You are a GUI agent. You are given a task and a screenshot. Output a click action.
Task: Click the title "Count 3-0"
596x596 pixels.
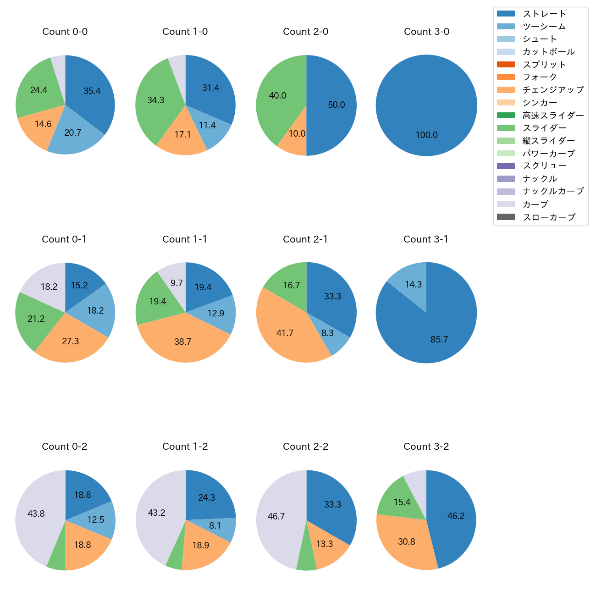coord(426,32)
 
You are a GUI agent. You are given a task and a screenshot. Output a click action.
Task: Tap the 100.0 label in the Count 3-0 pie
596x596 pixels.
coord(426,135)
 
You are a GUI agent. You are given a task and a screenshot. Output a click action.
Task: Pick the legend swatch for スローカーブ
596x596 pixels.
coord(506,217)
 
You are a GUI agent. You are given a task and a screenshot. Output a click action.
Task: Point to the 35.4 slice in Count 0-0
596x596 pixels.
coord(92,91)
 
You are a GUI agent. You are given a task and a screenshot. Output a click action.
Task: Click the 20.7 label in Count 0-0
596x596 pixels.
coord(72,133)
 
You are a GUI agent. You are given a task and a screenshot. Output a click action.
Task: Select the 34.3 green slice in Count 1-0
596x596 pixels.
coord(156,100)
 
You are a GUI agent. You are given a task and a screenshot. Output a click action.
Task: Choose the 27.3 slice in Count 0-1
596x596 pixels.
coord(71,342)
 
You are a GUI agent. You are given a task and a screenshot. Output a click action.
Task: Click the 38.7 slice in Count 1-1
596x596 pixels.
coord(182,342)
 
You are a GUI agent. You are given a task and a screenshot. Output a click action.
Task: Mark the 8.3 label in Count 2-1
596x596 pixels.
coord(327,333)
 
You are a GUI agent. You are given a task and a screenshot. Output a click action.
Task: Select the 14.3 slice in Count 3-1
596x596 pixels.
coord(413,284)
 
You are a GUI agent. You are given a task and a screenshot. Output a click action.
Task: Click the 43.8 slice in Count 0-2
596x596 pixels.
coord(36,514)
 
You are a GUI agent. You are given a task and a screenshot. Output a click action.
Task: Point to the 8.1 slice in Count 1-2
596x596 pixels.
coord(215,526)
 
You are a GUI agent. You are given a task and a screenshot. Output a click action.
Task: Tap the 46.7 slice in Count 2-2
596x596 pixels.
coord(276,517)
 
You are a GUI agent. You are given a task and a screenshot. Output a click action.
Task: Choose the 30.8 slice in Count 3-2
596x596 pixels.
coord(407,542)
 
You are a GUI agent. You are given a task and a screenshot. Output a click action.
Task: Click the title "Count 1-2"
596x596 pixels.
coord(185,447)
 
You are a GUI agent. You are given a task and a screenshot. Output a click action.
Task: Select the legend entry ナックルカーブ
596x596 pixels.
coord(553,192)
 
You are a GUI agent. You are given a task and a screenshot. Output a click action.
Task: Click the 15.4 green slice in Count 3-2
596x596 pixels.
coord(402,502)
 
